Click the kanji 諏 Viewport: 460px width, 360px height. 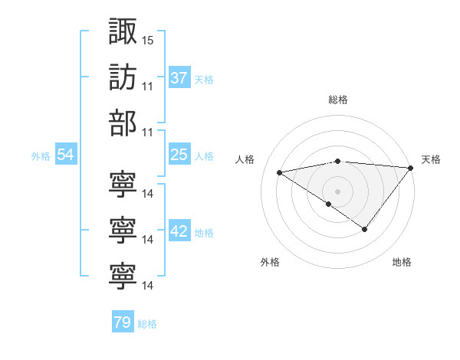point(123,31)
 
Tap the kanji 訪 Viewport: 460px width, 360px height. point(123,77)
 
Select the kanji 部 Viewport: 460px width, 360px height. point(123,124)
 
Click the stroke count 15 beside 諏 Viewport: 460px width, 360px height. point(148,39)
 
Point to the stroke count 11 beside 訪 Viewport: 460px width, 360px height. point(148,86)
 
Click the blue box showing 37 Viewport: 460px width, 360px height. point(179,78)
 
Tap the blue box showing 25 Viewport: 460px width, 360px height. point(179,155)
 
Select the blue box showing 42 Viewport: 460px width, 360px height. point(179,232)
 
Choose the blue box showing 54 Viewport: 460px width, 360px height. point(66,155)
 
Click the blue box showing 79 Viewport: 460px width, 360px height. point(123,322)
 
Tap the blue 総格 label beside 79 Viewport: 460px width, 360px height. point(148,324)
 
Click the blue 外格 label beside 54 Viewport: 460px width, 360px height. point(41,156)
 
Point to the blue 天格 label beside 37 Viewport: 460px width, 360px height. point(204,80)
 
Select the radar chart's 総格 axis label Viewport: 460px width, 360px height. point(338,100)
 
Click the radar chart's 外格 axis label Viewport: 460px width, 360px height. point(270,262)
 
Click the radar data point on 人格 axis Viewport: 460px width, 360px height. point(279,172)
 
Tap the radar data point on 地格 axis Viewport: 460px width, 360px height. point(365,229)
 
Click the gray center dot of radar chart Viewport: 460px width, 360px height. point(337,191)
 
